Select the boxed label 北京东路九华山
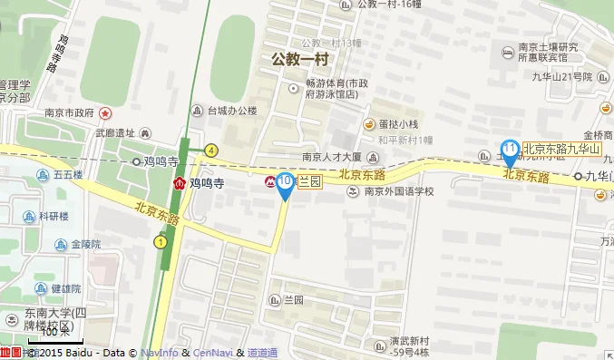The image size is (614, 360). coord(562,149)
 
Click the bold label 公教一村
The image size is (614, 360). coord(298,59)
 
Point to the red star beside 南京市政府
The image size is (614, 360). coord(105,113)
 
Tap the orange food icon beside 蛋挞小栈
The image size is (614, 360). coord(369,124)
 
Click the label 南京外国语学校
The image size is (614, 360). coord(399,191)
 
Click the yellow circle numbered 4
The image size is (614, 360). coord(210,151)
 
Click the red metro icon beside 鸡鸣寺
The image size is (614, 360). coord(180,182)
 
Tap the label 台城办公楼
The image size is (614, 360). coord(232,112)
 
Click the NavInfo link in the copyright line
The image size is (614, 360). coord(159,353)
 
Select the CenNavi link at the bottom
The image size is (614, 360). coord(212,353)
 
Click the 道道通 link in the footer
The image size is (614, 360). coord(262,353)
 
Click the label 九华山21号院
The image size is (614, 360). coord(562,77)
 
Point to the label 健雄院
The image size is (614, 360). coord(66,289)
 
